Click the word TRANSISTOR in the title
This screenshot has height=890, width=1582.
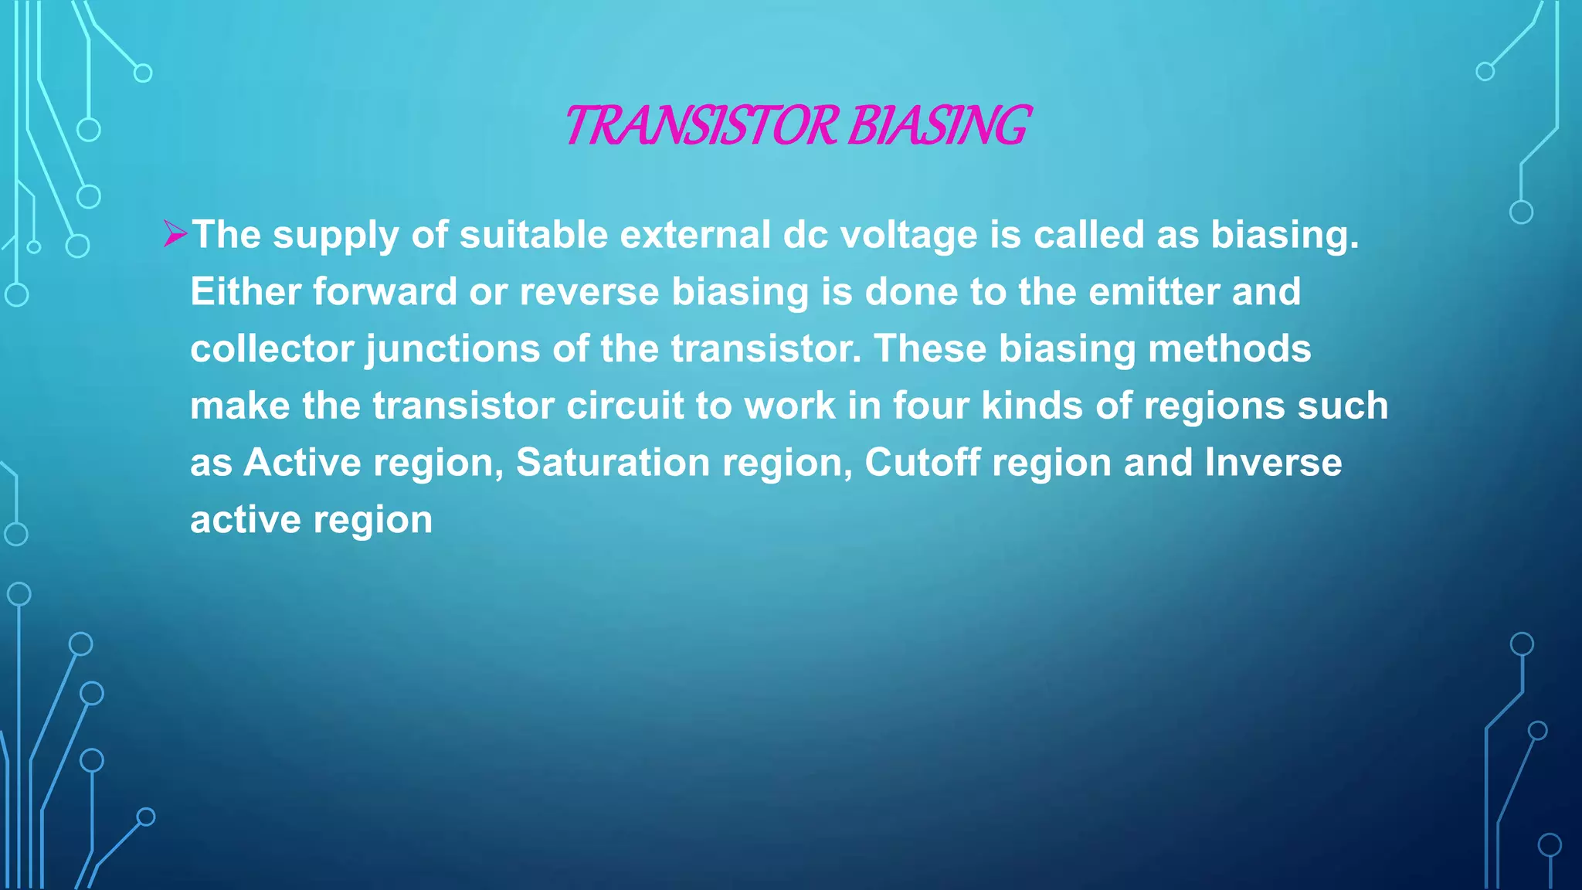pos(701,126)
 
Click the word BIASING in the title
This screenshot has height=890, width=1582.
pos(939,126)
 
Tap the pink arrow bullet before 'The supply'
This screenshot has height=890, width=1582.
pos(175,233)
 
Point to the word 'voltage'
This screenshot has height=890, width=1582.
pos(908,235)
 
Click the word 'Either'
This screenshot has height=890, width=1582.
pos(245,292)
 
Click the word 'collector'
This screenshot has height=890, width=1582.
pos(272,348)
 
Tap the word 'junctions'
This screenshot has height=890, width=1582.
pos(453,350)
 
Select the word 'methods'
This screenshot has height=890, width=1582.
pos(1229,348)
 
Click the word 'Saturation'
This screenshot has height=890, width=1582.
pos(613,463)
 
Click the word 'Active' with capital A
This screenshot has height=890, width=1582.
pos(302,463)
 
